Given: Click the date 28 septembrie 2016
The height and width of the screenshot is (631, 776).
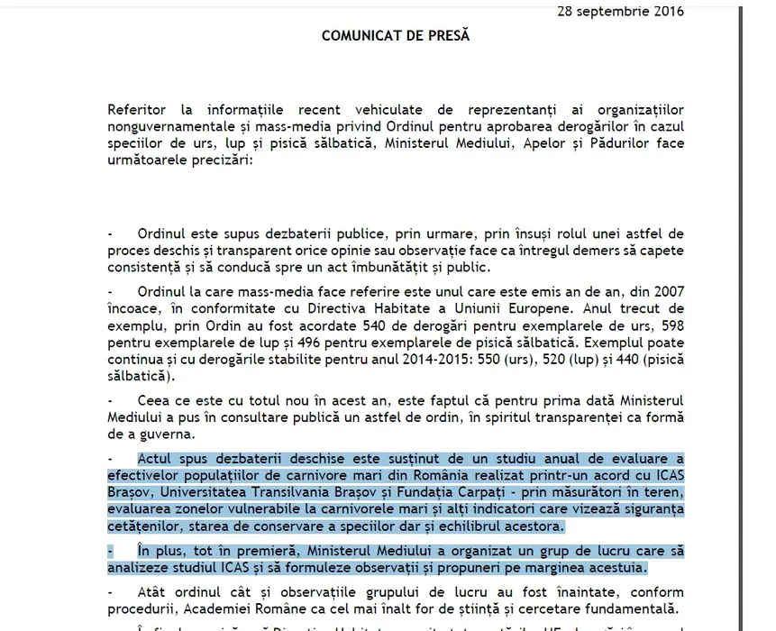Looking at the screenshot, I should pyautogui.click(x=619, y=12).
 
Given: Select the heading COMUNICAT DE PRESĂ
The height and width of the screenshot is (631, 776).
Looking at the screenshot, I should pyautogui.click(x=396, y=36).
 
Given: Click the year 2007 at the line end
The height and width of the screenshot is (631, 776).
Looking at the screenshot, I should pyautogui.click(x=668, y=292).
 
